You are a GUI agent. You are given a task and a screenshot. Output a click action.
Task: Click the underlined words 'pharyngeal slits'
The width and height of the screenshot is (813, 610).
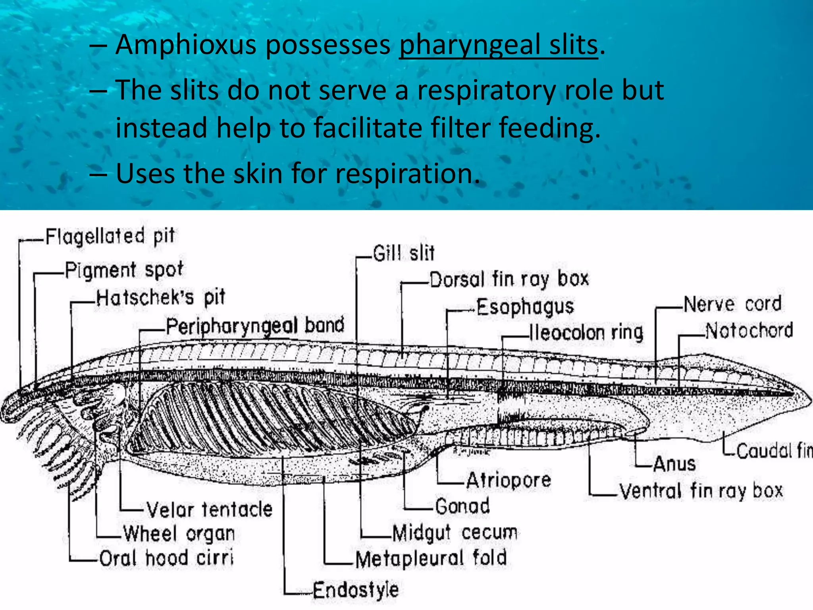tap(498, 45)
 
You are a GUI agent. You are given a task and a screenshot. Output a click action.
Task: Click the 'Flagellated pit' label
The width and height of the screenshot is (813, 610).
tap(110, 236)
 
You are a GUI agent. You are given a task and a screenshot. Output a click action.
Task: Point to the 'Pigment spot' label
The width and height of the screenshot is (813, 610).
tap(124, 270)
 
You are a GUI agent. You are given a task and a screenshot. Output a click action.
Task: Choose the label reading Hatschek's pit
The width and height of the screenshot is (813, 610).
tap(161, 297)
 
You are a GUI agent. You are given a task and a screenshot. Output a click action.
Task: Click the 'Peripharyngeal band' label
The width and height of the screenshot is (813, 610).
tap(255, 326)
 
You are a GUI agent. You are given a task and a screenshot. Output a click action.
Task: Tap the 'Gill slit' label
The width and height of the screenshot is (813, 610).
tap(404, 253)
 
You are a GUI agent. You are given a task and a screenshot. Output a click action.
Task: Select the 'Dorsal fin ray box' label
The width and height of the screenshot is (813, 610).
tap(509, 279)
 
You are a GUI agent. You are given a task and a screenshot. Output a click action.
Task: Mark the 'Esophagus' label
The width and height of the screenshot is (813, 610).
tap(525, 307)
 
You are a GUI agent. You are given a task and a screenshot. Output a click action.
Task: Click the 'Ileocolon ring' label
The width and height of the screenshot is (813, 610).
tap(586, 333)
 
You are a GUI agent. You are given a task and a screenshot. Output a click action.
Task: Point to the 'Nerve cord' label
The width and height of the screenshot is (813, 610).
tap(732, 305)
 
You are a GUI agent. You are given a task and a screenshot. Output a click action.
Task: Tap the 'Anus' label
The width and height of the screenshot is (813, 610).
tap(674, 464)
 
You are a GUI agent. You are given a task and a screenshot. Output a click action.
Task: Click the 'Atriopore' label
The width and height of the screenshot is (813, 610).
tap(509, 481)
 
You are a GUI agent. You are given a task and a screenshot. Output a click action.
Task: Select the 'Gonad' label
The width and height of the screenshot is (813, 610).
tap(462, 506)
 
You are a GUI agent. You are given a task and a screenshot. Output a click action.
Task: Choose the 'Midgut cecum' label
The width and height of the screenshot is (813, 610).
tap(455, 533)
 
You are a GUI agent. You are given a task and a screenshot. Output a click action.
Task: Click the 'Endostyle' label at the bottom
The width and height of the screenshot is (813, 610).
tap(356, 590)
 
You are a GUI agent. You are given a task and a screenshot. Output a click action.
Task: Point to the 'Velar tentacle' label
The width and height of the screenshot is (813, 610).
tap(209, 510)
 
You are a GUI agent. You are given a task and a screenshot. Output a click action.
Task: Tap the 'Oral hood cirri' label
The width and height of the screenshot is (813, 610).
tap(166, 558)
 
